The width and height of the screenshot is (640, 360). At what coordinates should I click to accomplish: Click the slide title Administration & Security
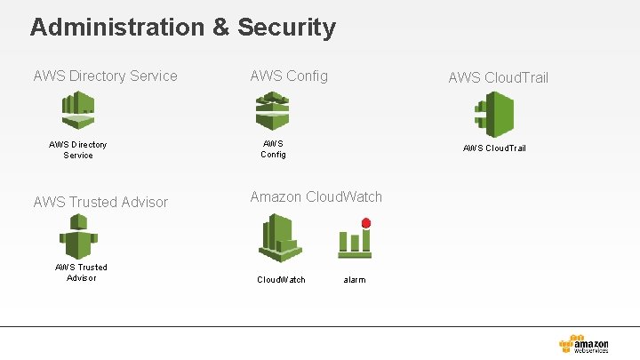tap(182, 27)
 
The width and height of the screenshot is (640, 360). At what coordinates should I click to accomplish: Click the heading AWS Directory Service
tap(105, 76)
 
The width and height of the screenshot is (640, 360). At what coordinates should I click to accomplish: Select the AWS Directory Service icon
tap(78, 111)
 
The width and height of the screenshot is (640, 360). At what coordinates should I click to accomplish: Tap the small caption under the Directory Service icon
tap(78, 149)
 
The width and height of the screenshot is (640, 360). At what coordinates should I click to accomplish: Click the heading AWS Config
tap(289, 76)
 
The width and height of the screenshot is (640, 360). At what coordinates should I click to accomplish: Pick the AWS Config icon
tap(273, 111)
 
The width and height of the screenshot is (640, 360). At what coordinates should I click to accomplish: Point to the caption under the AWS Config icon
tap(273, 148)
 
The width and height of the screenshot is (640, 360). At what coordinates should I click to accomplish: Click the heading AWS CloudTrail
tap(498, 77)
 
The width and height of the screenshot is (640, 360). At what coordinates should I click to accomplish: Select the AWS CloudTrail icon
tap(494, 114)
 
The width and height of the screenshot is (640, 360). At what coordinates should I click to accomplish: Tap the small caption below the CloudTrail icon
tap(494, 148)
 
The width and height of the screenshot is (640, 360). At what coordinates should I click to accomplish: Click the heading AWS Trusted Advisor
tap(100, 202)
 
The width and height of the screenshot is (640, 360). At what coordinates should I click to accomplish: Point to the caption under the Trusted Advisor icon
tap(81, 272)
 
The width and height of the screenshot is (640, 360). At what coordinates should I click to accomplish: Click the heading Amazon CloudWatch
tap(316, 196)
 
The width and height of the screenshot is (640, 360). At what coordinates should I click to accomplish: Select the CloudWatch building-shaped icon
tap(280, 238)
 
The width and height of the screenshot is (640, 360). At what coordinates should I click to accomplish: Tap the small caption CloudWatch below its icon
tap(281, 279)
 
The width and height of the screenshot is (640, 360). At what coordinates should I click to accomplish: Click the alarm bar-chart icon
tap(354, 242)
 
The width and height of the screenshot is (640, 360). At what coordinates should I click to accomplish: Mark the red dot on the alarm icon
tap(365, 223)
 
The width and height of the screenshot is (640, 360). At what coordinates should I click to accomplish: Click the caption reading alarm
tap(355, 279)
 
